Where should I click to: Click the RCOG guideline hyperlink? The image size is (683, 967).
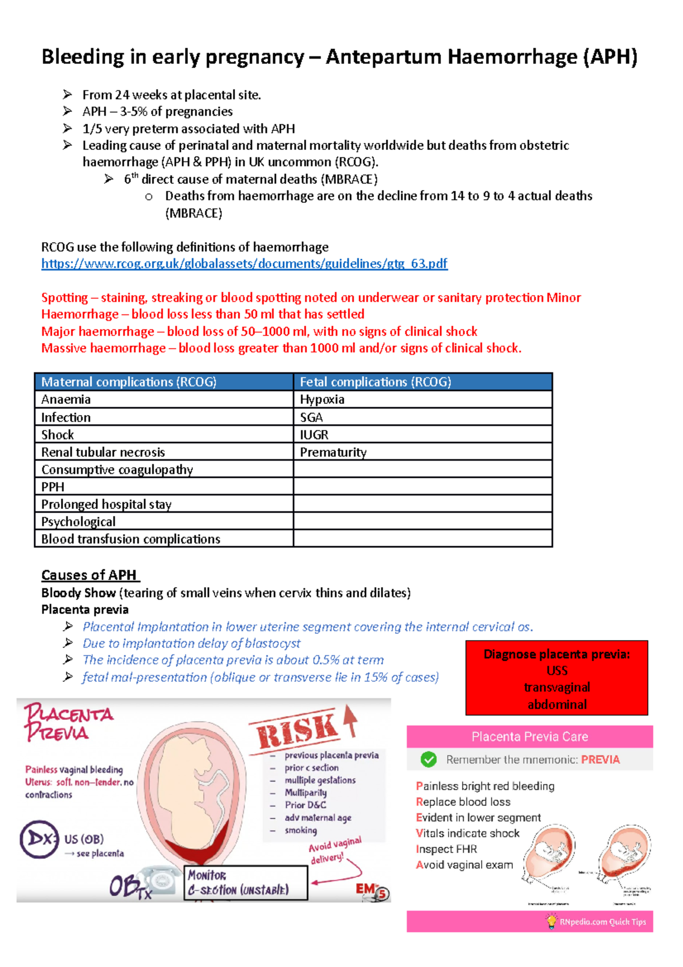click(x=244, y=264)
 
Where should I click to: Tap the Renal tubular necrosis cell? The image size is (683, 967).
click(x=103, y=452)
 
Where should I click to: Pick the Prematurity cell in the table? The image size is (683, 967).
click(x=333, y=452)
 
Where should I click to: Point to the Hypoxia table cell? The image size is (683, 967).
click(x=322, y=399)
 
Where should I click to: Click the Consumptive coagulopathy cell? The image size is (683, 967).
click(x=117, y=469)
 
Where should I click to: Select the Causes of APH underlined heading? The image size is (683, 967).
click(x=89, y=575)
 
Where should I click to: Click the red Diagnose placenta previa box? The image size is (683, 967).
click(x=557, y=678)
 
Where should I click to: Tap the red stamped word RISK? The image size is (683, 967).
click(x=296, y=730)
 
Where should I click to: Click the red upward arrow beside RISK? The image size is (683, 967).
click(x=351, y=720)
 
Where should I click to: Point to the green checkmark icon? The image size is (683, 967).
click(x=429, y=759)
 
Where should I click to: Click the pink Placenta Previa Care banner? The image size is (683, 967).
click(x=529, y=736)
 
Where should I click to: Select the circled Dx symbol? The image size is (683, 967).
click(x=39, y=839)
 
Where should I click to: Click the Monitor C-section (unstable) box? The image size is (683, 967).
click(x=245, y=883)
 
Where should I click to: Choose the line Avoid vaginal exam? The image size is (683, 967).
click(x=464, y=864)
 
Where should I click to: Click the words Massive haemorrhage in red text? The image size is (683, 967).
click(x=103, y=348)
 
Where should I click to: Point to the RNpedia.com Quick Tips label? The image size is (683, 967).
click(x=602, y=921)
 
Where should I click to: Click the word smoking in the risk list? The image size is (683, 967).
click(x=301, y=830)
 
